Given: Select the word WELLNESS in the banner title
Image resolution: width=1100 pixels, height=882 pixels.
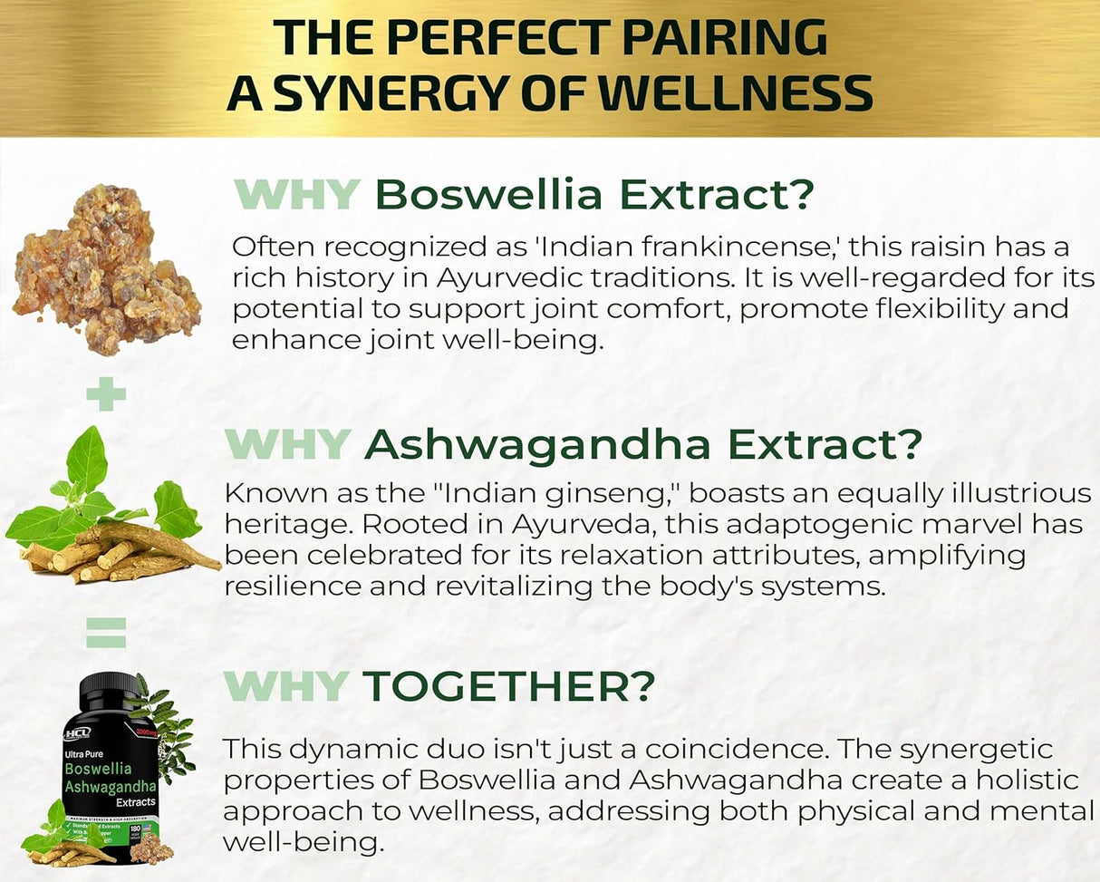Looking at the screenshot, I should pyautogui.click(x=729, y=92).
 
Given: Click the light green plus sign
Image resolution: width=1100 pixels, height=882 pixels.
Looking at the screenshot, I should pyautogui.click(x=105, y=394).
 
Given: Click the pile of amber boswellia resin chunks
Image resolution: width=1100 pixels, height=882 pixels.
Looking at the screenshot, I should pyautogui.click(x=107, y=270).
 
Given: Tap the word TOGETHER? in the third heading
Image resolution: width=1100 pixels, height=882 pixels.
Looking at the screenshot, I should pyautogui.click(x=508, y=686).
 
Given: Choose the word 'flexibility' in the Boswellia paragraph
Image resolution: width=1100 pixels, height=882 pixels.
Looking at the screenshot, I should pyautogui.click(x=912, y=308).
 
